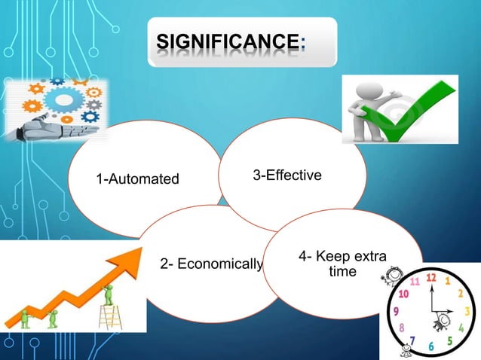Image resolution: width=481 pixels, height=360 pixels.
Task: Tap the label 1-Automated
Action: point(137,179)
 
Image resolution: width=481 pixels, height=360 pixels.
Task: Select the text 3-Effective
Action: point(287,175)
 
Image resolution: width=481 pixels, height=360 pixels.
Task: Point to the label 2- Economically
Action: point(211,264)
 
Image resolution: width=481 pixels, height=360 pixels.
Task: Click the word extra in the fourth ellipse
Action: point(366,257)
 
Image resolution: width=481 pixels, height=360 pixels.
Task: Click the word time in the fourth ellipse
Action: point(343,271)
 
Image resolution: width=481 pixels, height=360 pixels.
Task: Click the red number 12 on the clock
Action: point(431,278)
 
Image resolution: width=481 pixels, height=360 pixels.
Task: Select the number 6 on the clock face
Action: point(432,346)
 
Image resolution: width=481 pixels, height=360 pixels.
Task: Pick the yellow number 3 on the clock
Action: point(468,310)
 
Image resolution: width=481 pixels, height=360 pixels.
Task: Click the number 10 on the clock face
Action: point(404,293)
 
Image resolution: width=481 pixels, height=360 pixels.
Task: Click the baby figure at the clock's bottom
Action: point(407,349)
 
